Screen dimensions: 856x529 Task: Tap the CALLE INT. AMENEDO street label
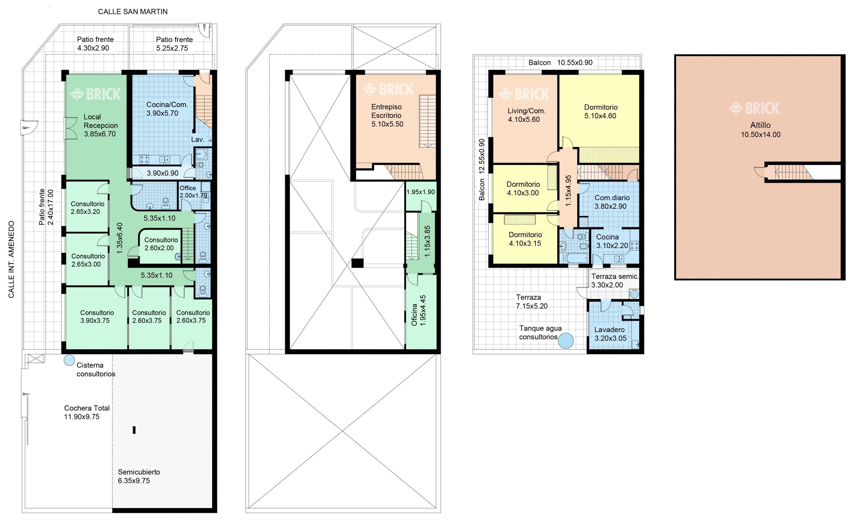(11, 259)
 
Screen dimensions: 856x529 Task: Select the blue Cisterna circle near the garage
(69, 360)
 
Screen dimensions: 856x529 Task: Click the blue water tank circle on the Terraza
(566, 340)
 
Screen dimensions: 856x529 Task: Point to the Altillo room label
(760, 129)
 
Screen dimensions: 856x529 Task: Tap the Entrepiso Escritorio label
(387, 115)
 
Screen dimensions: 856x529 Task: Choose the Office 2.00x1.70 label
(193, 192)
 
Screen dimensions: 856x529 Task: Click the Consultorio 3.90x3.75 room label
(97, 317)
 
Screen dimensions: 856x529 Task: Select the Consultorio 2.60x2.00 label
(161, 244)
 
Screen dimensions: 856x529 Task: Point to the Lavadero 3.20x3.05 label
(610, 334)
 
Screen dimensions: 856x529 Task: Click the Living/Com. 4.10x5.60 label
(526, 115)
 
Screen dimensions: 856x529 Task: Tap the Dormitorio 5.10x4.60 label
(601, 112)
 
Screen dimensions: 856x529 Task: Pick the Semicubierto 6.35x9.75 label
(139, 476)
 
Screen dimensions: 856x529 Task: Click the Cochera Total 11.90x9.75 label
(87, 412)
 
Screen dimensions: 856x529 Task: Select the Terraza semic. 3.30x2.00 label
(615, 281)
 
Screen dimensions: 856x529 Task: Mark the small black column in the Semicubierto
(134, 430)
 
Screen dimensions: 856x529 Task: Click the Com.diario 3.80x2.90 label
(612, 202)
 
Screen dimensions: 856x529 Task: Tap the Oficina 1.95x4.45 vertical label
(419, 311)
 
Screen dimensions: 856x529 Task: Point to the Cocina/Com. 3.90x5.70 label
(167, 109)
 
